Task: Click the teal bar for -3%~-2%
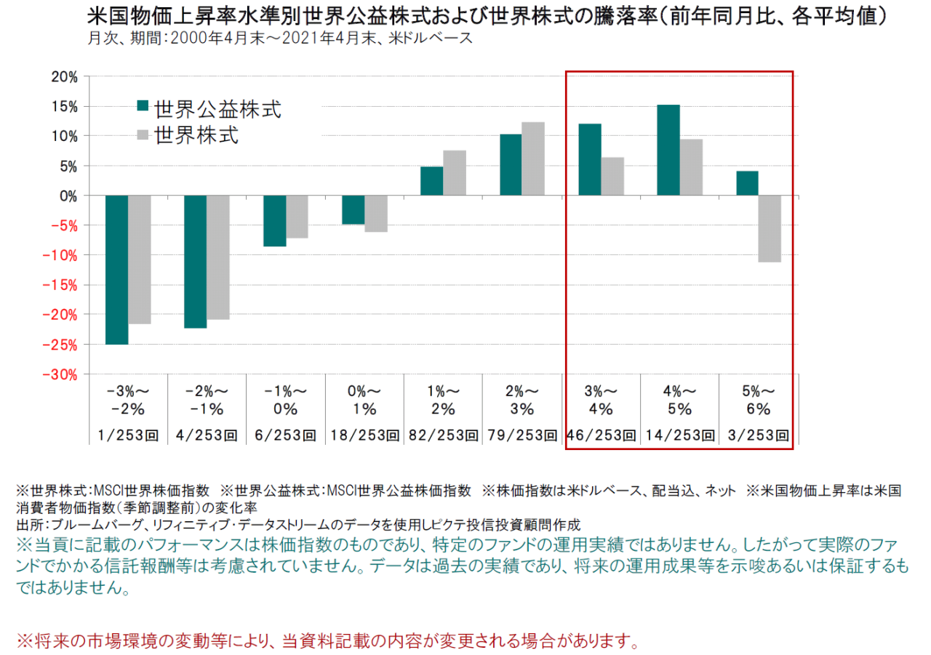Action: (x=116, y=270)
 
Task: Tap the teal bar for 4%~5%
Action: (x=668, y=150)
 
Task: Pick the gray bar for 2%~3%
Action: (x=533, y=158)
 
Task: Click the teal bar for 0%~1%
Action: (x=353, y=209)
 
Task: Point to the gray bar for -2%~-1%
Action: (x=218, y=257)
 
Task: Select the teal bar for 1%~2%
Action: (x=432, y=181)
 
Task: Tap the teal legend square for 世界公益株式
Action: (x=143, y=106)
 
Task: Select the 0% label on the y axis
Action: (x=68, y=196)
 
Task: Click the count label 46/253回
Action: (x=602, y=435)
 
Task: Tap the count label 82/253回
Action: (x=443, y=435)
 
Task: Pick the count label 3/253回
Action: (x=759, y=435)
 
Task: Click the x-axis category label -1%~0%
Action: (x=286, y=399)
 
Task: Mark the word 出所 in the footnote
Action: (x=26, y=524)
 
